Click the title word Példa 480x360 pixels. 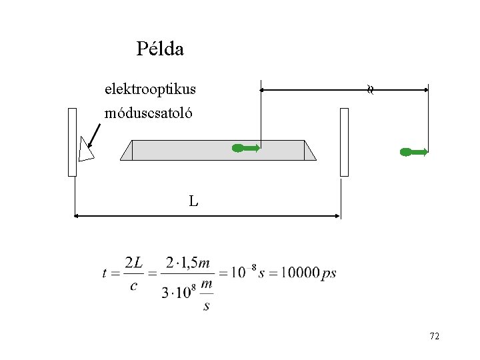[160, 49]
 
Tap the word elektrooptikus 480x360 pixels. [150, 89]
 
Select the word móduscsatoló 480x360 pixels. [148, 113]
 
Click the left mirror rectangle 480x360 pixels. [72, 142]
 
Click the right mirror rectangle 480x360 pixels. [345, 142]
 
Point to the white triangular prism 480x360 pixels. [85, 151]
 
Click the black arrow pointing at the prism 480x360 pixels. [94, 135]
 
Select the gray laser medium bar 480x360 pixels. [218, 150]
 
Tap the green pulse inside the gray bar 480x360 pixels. [246, 148]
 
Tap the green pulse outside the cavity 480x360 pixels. [414, 152]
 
